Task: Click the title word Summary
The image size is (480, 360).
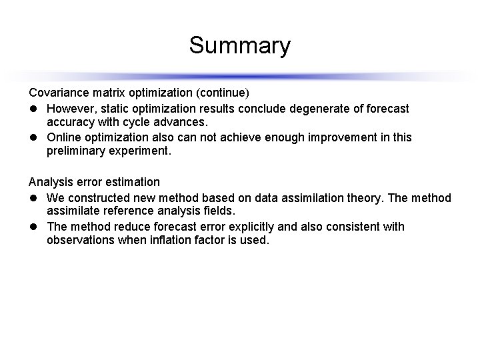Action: (x=239, y=46)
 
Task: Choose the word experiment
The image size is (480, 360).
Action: (x=142, y=151)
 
